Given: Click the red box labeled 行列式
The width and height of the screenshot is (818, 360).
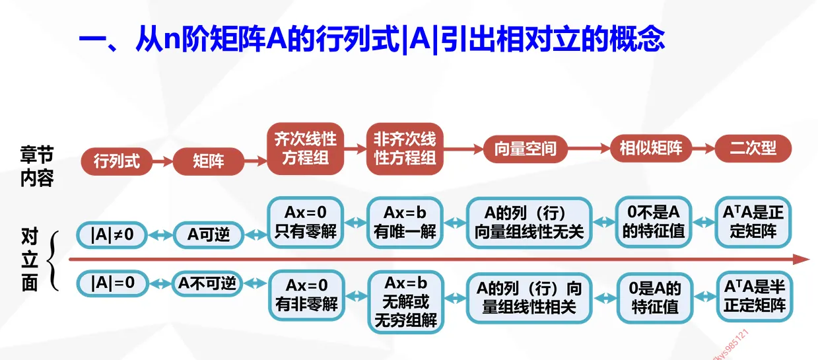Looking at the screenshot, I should tap(116, 161).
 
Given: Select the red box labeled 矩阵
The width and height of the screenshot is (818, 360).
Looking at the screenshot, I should tap(209, 161).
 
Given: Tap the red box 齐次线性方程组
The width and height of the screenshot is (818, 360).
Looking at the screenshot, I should tap(306, 149).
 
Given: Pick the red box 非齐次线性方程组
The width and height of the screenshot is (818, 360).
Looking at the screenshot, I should tap(405, 149).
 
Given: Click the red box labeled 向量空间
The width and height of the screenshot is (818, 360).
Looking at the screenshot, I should tap(525, 149).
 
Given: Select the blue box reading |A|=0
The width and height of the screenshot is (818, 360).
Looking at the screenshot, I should tap(112, 283).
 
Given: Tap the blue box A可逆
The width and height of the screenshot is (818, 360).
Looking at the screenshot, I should tap(209, 234).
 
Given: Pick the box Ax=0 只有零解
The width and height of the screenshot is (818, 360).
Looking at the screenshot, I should tap(306, 222).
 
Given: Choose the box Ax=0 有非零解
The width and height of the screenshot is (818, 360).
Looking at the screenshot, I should tap(306, 295).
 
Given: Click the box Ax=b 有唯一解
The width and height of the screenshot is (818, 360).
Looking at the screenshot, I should tap(405, 222).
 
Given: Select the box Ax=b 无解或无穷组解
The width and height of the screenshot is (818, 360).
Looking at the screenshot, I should tap(405, 302).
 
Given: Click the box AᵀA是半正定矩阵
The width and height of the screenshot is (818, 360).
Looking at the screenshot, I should tap(754, 296).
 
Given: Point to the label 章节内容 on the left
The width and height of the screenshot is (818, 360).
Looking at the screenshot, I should tap(36, 167).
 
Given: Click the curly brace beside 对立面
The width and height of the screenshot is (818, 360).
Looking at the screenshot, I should tap(56, 260).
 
